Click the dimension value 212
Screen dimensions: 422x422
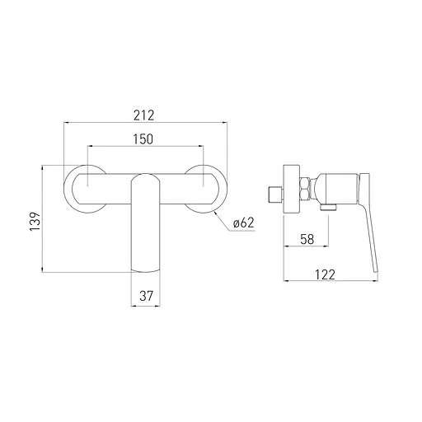(x=144, y=115)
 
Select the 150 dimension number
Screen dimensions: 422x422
(x=143, y=139)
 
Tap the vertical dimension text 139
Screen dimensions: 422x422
(x=35, y=221)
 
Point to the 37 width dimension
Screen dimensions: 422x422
(x=146, y=296)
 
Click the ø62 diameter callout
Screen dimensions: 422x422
(x=244, y=223)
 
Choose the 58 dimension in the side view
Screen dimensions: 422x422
(x=307, y=239)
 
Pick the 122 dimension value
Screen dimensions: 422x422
(x=325, y=274)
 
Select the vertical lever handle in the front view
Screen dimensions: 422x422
(x=145, y=223)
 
